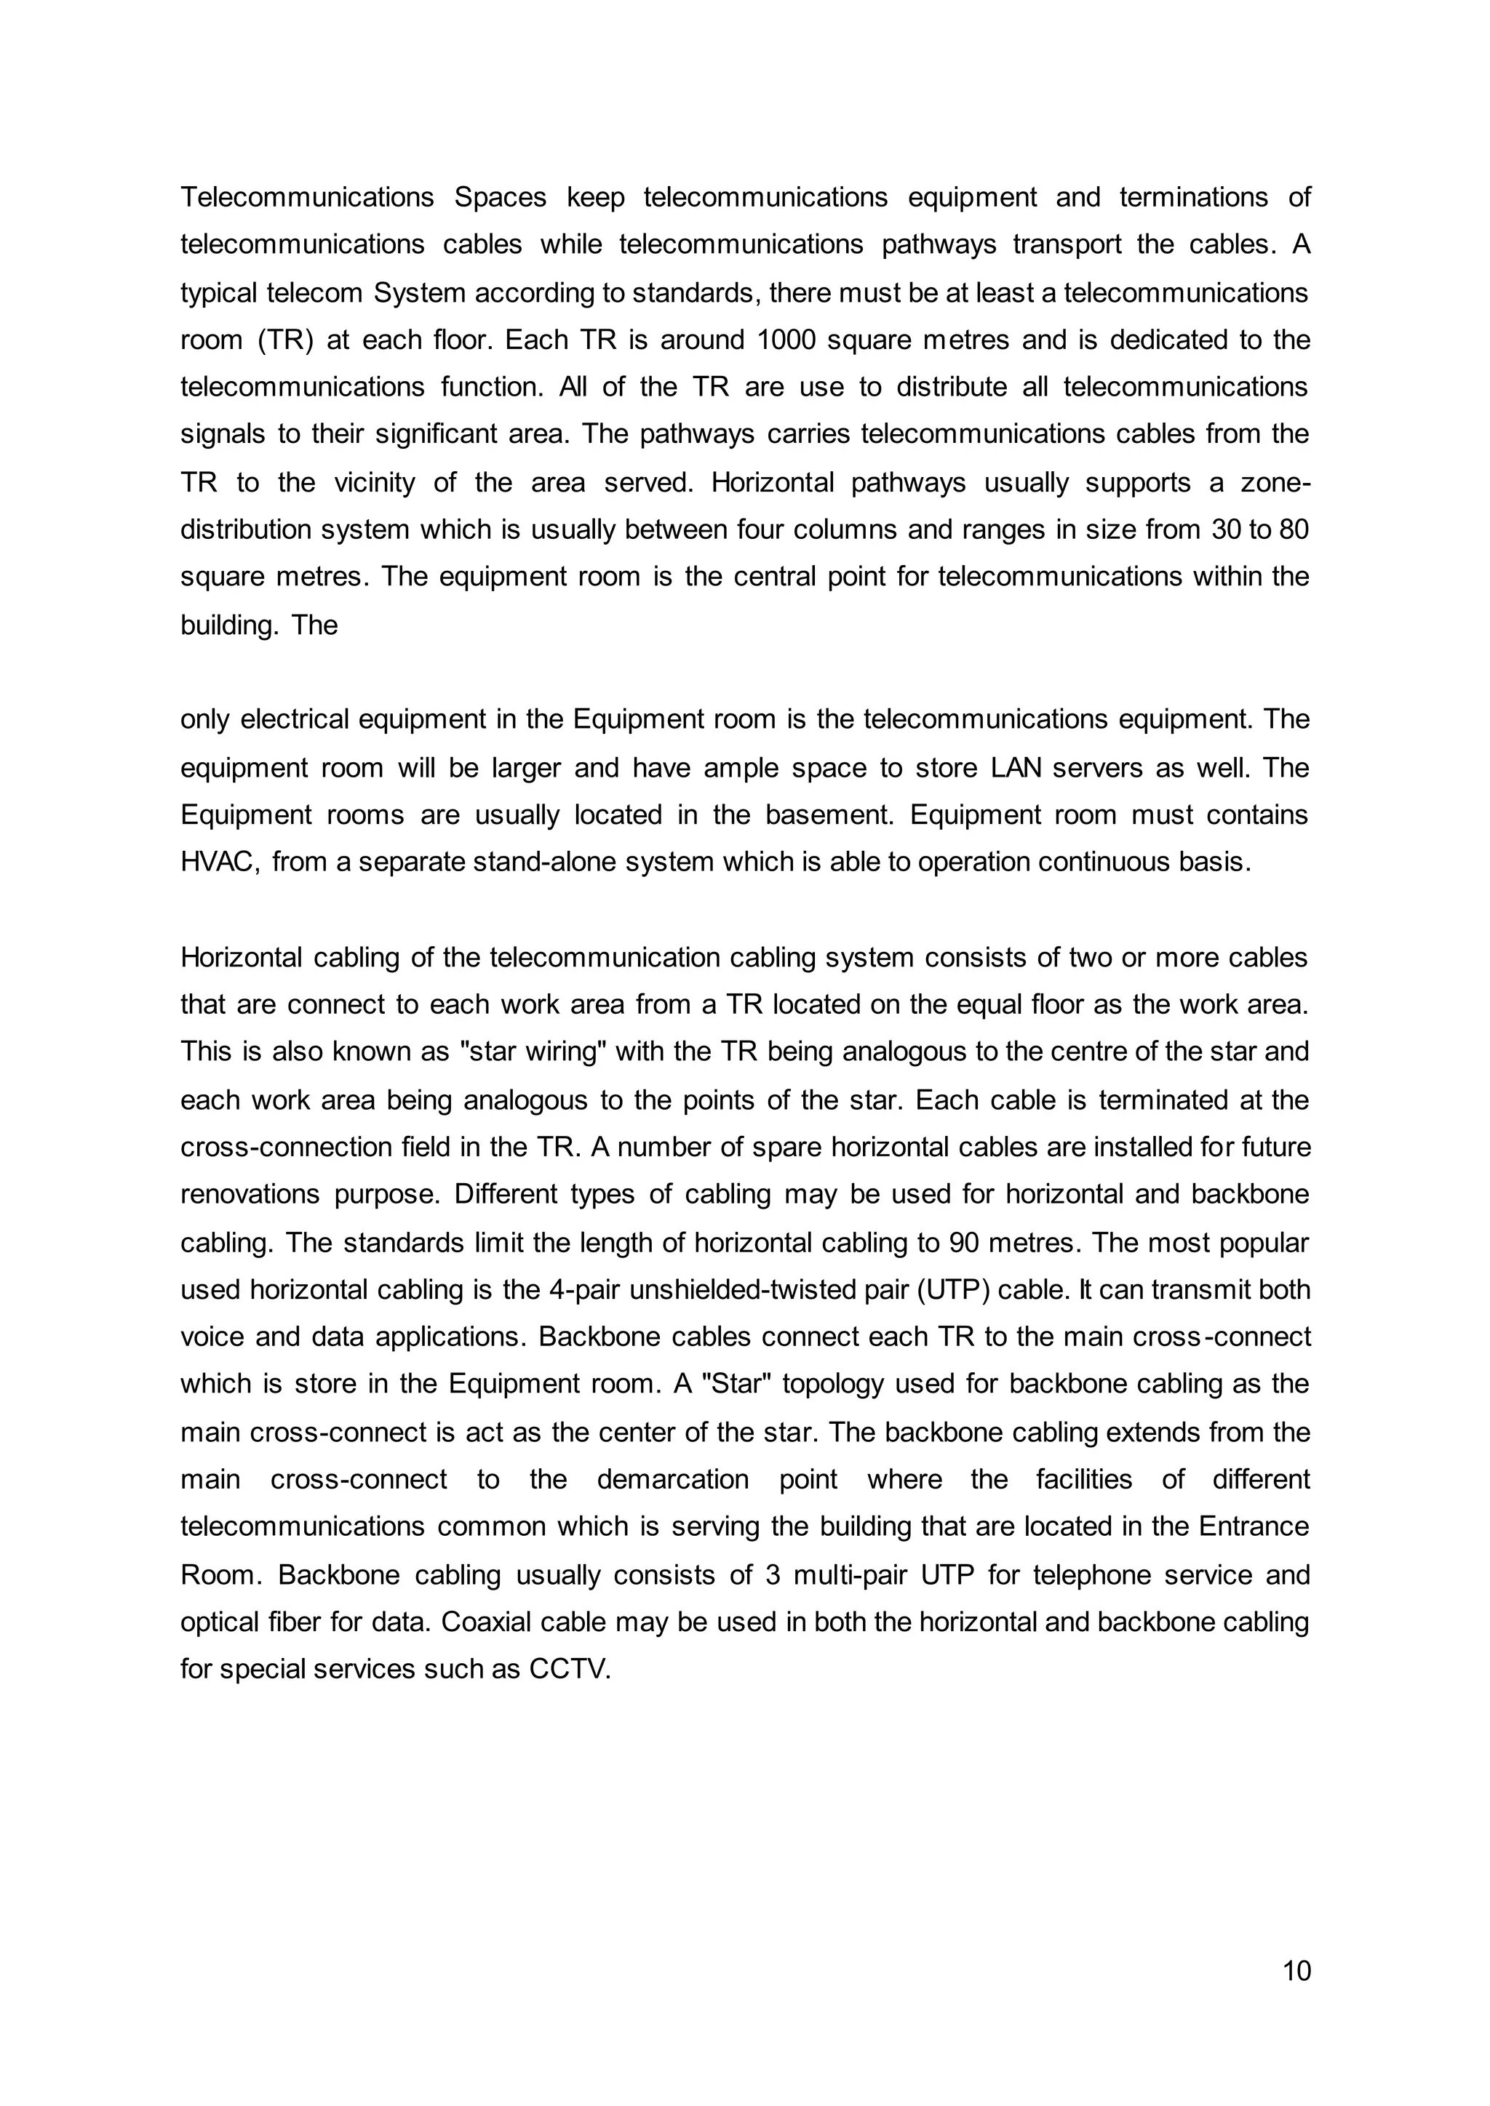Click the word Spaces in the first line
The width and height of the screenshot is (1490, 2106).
[x=500, y=197]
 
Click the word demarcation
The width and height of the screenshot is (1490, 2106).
[x=672, y=1480]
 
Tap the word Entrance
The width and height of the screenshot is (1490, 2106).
[x=1254, y=1526]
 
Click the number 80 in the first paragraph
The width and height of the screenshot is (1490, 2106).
[x=1292, y=529]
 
